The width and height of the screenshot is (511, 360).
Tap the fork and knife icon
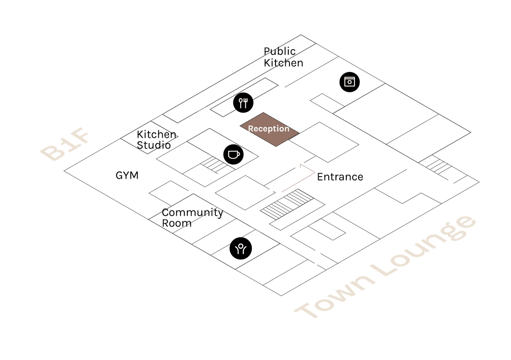(x=243, y=103)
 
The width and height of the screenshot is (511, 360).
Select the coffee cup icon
(x=233, y=154)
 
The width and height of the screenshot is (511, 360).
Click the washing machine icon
(x=349, y=81)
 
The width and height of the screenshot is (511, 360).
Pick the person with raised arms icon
(x=241, y=249)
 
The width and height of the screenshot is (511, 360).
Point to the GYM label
(x=127, y=175)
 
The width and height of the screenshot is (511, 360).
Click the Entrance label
(x=340, y=177)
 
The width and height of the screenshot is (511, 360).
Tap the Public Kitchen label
(x=283, y=57)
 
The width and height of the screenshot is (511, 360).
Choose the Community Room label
(x=192, y=217)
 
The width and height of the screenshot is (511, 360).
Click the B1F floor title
(x=66, y=147)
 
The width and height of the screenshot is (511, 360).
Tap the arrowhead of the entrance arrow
(x=301, y=164)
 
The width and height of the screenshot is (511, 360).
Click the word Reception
(x=268, y=129)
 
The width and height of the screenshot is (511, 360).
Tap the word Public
(x=280, y=51)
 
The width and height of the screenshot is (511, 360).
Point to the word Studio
(x=154, y=145)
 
